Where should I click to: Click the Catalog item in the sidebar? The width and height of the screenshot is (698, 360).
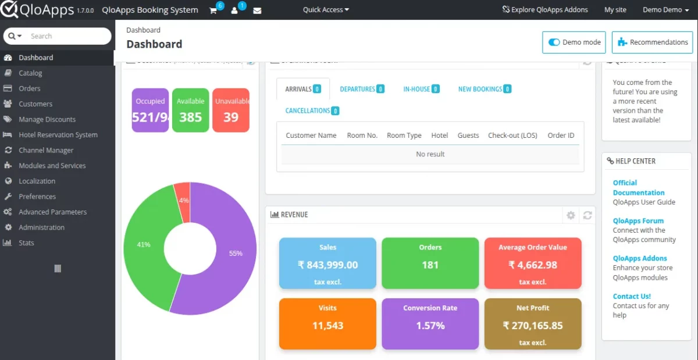point(30,73)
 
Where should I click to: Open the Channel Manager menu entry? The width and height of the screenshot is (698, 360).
point(46,150)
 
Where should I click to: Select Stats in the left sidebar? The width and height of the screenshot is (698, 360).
point(26,243)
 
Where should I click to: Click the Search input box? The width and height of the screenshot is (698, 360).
point(64,36)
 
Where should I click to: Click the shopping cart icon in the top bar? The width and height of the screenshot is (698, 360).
point(213,10)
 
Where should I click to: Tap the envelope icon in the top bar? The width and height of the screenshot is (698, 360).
point(257,10)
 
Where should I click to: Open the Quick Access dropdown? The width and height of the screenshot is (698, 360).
point(326,10)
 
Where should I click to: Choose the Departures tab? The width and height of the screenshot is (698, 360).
point(361,89)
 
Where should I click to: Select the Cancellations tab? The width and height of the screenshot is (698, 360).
point(312,111)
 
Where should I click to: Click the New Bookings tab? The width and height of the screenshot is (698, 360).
point(484,89)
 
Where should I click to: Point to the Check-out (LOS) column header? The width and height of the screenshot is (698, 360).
point(512,136)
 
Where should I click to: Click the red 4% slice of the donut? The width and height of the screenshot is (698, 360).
point(183,194)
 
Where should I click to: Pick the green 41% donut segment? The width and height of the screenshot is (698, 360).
point(144,244)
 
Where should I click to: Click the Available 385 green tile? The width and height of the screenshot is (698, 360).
point(190,111)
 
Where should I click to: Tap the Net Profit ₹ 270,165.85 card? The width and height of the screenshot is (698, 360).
point(532,325)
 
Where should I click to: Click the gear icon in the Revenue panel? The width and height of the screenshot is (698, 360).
point(571,215)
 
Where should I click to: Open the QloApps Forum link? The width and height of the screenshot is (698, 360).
point(638,221)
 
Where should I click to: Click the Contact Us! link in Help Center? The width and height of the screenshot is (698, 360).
point(631,296)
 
